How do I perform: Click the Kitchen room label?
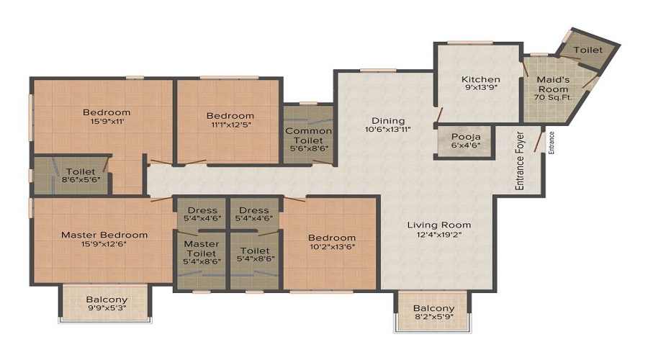click(481, 79)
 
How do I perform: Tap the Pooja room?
click(465, 141)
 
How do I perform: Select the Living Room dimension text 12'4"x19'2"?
click(439, 235)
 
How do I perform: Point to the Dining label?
click(388, 121)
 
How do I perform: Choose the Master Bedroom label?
click(104, 235)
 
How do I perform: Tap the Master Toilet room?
click(202, 260)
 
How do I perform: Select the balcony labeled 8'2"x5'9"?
click(433, 311)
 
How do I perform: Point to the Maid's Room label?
click(553, 84)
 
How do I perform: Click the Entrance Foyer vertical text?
click(519, 161)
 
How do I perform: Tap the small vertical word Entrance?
click(552, 143)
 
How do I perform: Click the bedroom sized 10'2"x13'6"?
click(330, 244)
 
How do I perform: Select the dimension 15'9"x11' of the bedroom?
click(107, 122)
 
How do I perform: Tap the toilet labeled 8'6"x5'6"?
click(71, 175)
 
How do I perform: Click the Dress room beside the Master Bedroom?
click(202, 214)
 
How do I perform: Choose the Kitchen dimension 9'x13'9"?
click(481, 87)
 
